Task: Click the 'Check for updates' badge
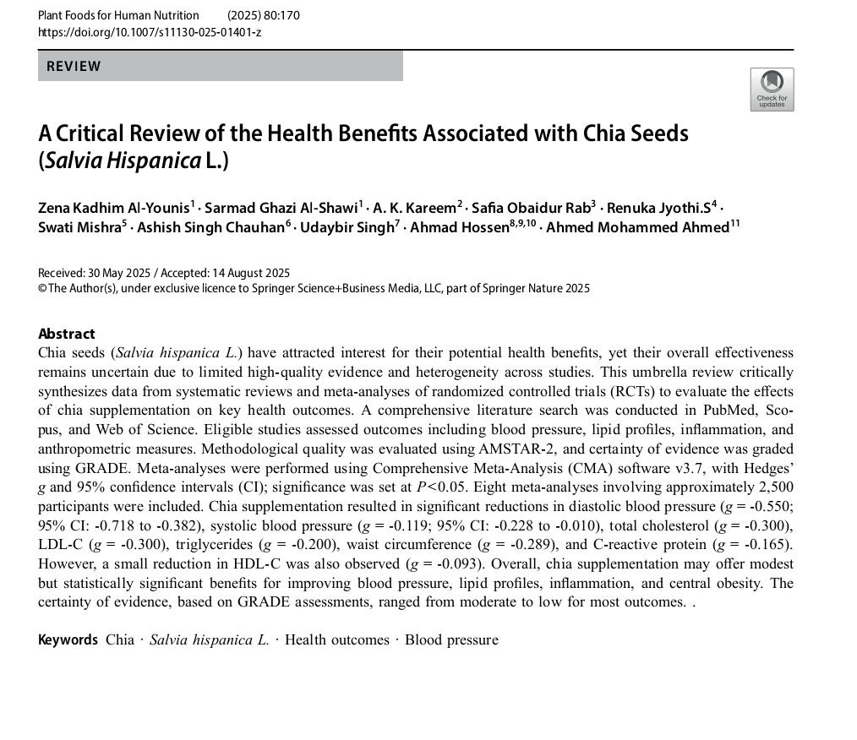click(771, 89)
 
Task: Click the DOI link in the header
click(150, 32)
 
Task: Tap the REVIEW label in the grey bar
click(74, 66)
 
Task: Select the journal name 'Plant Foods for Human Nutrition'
click(118, 15)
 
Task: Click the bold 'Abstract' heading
click(67, 334)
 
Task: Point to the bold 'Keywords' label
click(68, 639)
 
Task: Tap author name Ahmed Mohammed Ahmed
click(637, 227)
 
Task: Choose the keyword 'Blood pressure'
click(451, 639)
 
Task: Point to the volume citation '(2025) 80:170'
click(264, 15)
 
